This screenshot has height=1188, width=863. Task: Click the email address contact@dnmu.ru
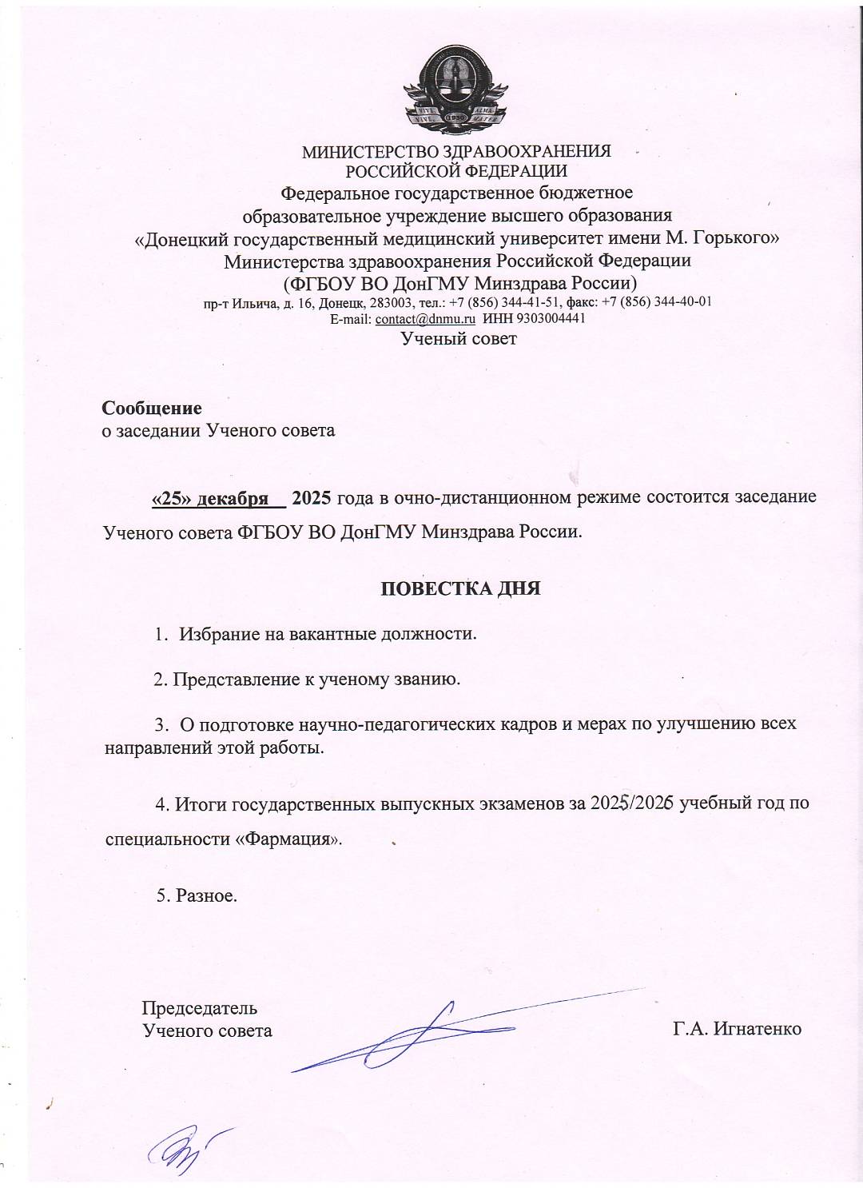[x=425, y=318]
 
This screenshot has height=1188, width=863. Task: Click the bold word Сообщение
[x=152, y=409]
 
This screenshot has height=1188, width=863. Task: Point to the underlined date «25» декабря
[x=210, y=497]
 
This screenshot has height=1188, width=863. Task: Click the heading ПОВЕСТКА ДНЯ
[x=459, y=589]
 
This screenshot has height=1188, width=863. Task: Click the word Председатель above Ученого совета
[x=199, y=1007]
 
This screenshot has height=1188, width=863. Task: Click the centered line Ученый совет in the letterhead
[x=459, y=338]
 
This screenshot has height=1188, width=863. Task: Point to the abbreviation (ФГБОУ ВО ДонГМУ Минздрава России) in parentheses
[x=459, y=282]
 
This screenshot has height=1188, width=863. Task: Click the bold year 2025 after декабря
[x=312, y=497]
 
